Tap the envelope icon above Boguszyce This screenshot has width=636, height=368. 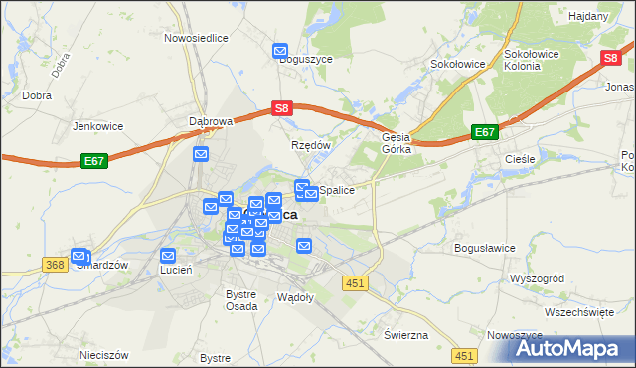[281, 49]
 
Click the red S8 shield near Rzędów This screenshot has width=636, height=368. [282, 108]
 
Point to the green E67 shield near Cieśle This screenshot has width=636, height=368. [485, 131]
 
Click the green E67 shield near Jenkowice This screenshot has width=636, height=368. [94, 159]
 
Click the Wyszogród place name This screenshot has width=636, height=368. [537, 278]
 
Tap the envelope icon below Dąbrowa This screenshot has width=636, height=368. [200, 155]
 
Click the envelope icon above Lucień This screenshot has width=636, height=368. [168, 255]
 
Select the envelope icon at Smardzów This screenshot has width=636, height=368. [79, 256]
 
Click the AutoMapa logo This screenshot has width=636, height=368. [560, 347]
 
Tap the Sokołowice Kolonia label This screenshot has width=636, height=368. [536, 59]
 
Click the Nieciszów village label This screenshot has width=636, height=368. [104, 354]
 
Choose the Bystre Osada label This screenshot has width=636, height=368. [241, 300]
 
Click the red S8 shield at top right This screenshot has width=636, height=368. [612, 59]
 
